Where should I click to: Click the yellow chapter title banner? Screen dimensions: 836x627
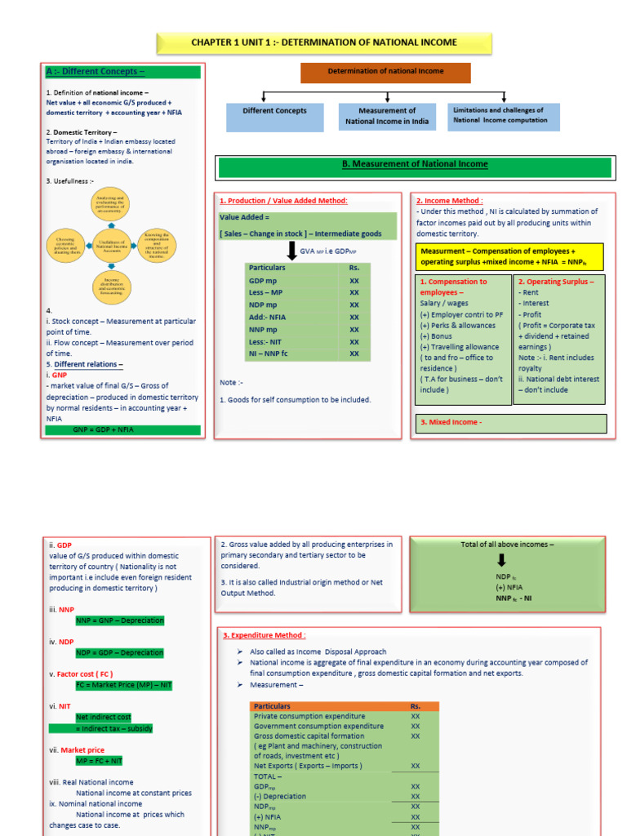(x=323, y=42)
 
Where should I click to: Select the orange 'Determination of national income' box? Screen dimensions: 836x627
(x=385, y=72)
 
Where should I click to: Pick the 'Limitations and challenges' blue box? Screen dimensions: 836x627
(x=504, y=116)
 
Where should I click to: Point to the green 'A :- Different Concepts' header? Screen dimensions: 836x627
(x=122, y=72)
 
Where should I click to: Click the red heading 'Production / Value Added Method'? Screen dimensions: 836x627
(x=283, y=201)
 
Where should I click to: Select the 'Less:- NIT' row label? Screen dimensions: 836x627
(x=266, y=342)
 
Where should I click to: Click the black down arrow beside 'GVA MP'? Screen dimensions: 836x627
(x=291, y=251)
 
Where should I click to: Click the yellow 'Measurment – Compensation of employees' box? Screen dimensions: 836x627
(x=509, y=256)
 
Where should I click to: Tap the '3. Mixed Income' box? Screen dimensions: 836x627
(x=512, y=423)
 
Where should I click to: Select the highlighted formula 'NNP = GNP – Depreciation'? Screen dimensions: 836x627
(x=119, y=620)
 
